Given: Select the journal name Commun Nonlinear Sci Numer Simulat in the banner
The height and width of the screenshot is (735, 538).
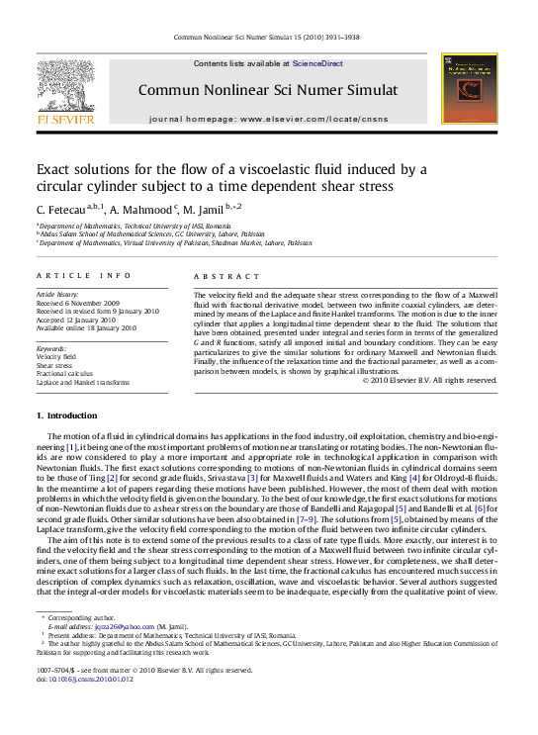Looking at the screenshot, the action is point(268,90).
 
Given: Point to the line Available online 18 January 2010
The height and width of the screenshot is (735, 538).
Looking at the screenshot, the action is point(86,326).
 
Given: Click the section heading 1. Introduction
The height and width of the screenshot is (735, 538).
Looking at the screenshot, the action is point(67,415).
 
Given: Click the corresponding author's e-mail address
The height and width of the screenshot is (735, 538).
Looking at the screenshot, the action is point(117,626).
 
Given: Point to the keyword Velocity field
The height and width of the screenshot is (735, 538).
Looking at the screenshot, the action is point(55,356).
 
